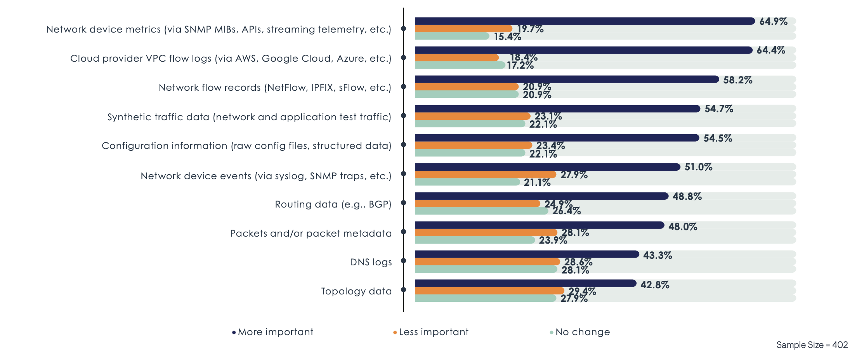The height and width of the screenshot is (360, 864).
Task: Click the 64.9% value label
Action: [773, 22]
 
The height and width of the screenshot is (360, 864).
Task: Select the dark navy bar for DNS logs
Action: [526, 254]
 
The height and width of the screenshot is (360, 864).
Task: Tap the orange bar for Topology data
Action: [489, 291]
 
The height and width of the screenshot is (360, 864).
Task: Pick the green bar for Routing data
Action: [481, 211]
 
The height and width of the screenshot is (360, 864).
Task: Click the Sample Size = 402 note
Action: [812, 345]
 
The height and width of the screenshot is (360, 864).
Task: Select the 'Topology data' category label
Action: [356, 291]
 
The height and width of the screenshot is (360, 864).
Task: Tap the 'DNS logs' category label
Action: [371, 262]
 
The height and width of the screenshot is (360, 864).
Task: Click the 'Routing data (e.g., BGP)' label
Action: [333, 204]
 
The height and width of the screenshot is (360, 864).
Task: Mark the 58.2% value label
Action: [737, 80]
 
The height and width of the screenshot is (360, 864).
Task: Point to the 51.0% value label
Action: [698, 167]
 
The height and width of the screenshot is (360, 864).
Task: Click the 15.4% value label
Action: [507, 37]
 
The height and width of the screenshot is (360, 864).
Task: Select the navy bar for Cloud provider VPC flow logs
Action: [583, 50]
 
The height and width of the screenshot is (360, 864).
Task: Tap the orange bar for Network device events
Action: [485, 175]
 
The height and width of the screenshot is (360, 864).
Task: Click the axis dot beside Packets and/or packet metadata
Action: [403, 232]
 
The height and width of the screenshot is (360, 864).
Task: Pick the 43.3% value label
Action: [657, 255]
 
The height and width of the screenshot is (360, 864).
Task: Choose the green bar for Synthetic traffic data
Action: [470, 124]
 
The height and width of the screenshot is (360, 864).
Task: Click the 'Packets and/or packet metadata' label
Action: [311, 233]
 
